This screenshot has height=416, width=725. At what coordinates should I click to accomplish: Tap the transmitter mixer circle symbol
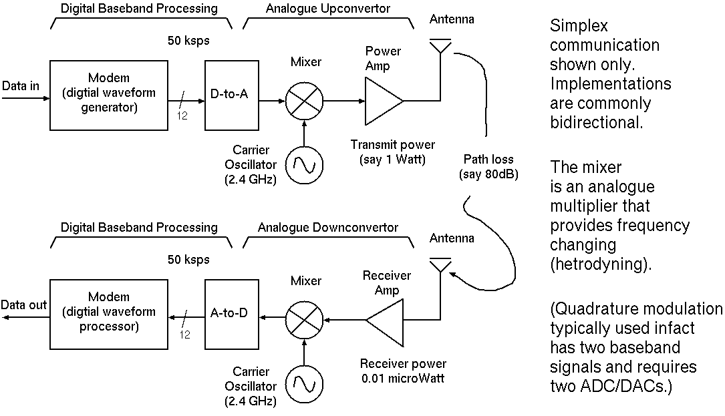(304, 102)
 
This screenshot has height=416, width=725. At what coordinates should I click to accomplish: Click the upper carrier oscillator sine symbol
(304, 162)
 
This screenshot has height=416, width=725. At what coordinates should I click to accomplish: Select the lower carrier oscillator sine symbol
(304, 384)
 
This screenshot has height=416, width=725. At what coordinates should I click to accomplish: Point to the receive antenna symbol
(440, 265)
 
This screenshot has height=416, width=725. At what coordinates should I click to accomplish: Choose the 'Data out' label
(24, 305)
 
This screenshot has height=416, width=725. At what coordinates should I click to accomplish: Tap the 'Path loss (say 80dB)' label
(488, 168)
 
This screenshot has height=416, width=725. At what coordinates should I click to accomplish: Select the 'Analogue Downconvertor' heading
(328, 228)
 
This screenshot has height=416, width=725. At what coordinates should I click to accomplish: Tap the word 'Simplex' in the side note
(579, 27)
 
